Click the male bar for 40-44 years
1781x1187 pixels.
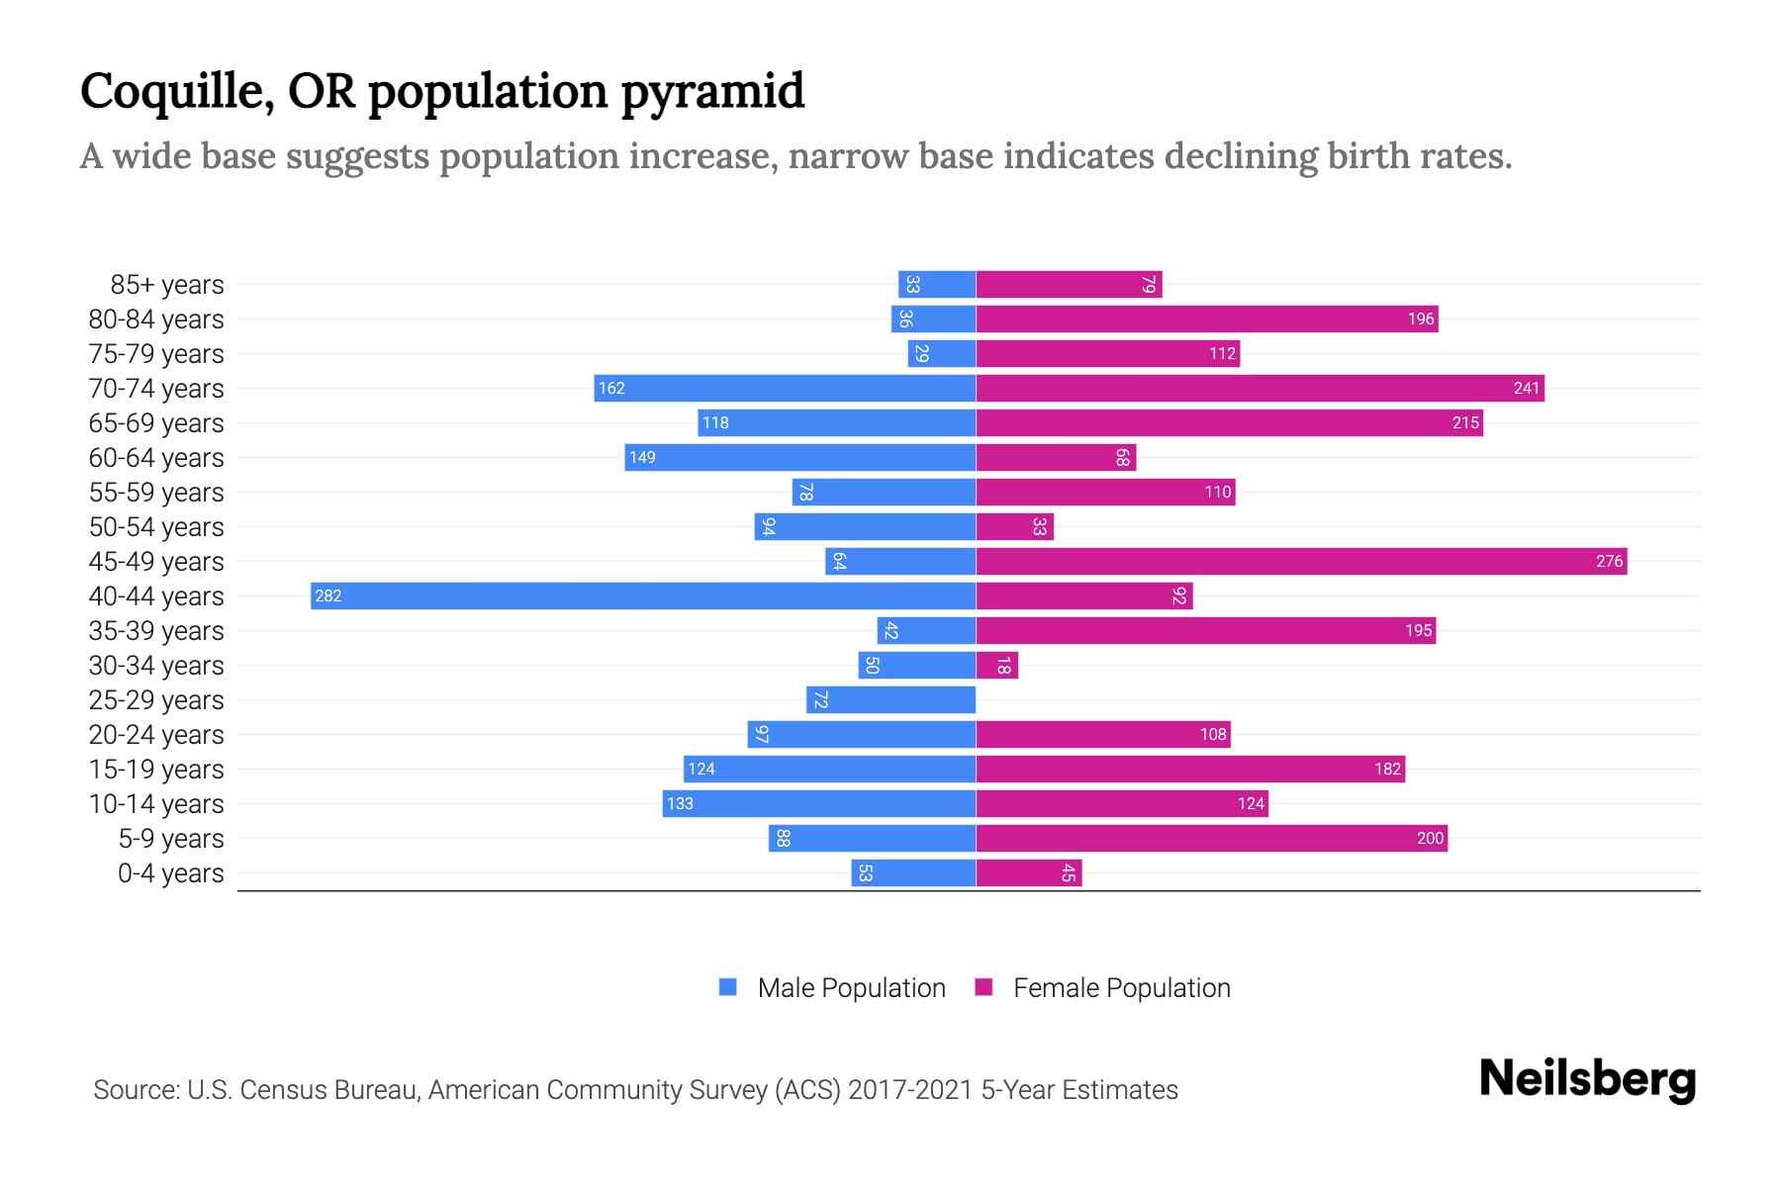(643, 595)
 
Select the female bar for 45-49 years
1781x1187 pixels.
(1301, 561)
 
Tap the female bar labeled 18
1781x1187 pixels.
(996, 665)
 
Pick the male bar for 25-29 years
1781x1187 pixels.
(890, 699)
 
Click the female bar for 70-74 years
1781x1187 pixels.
(1260, 388)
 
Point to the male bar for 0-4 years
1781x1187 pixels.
(913, 872)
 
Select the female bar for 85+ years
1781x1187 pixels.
(1069, 284)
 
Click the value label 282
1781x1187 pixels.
(328, 595)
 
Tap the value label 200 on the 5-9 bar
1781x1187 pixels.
(1430, 838)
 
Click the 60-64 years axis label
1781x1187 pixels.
(156, 458)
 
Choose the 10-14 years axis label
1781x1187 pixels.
(156, 804)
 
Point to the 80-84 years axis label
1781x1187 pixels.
(156, 320)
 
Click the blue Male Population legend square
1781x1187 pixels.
(728, 987)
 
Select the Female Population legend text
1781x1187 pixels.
(1121, 987)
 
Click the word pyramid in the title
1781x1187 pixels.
(712, 91)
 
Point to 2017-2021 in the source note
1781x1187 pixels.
(910, 1090)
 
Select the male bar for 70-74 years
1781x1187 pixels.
(785, 388)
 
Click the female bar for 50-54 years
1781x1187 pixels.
(1014, 526)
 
